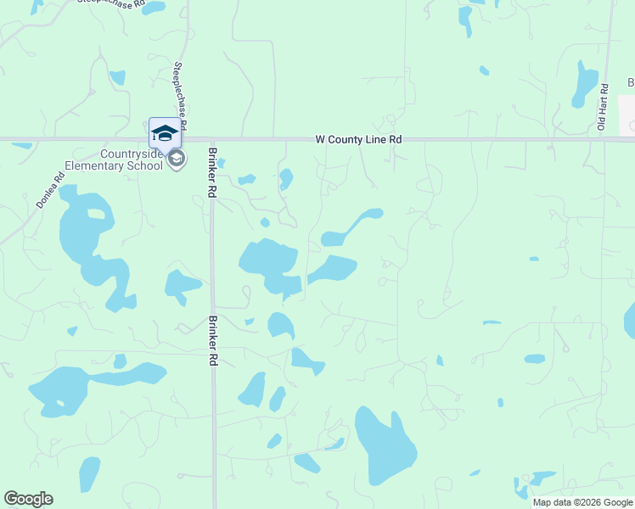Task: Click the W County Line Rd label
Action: coord(357,138)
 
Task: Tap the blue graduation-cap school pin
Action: coord(165,132)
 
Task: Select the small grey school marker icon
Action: coord(177,159)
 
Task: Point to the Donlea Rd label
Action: coord(49,192)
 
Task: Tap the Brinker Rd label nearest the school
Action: coord(212,173)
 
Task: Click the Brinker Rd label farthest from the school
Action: coord(211,341)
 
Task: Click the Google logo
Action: coord(28,499)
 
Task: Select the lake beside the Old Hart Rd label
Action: coord(586,84)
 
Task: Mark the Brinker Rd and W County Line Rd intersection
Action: coord(212,139)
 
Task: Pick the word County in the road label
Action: coord(351,138)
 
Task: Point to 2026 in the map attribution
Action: coord(591,502)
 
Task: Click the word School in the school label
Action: coord(146,166)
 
